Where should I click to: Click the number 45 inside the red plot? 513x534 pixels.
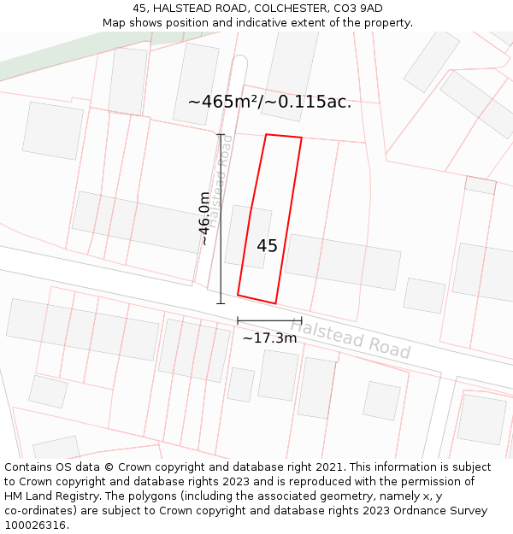pyautogui.click(x=267, y=246)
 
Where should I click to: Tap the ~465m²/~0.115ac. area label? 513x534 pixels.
pyautogui.click(x=269, y=102)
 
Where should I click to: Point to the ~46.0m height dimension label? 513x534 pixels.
pyautogui.click(x=205, y=219)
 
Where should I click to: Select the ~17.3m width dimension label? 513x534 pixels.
pyautogui.click(x=269, y=338)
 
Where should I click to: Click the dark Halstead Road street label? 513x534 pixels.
pyautogui.click(x=350, y=338)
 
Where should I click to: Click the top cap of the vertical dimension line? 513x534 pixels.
pyautogui.click(x=221, y=134)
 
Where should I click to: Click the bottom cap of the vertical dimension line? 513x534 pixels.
pyautogui.click(x=221, y=303)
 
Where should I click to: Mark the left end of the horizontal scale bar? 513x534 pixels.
pyautogui.click(x=238, y=321)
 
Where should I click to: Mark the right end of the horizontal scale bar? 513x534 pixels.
pyautogui.click(x=302, y=321)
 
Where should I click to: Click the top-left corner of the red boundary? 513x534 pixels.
pyautogui.click(x=267, y=134)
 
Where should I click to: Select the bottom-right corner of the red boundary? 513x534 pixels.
pyautogui.click(x=276, y=303)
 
